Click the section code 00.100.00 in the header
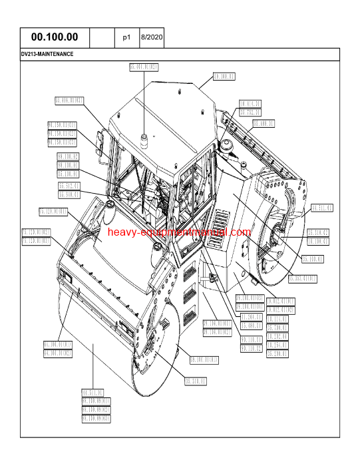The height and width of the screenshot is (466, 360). click(55, 38)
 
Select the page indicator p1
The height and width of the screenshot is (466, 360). click(126, 38)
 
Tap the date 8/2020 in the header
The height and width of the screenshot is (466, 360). click(151, 38)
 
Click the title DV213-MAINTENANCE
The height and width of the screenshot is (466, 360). click(47, 54)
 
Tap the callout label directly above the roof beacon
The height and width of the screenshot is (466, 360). click(144, 67)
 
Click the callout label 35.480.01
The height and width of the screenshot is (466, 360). click(251, 326)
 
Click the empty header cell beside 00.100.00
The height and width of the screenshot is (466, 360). click(102, 38)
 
